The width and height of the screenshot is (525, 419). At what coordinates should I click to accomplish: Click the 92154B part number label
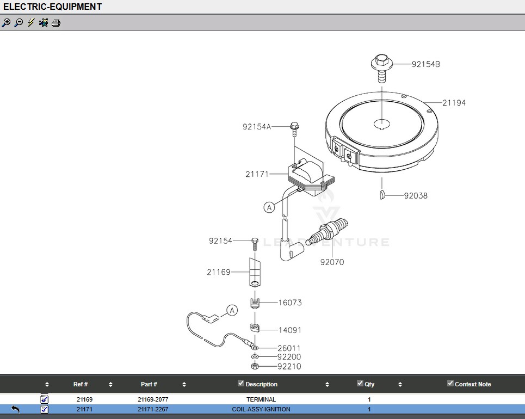[425, 64]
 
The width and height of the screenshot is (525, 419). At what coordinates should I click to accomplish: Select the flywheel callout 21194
[454, 103]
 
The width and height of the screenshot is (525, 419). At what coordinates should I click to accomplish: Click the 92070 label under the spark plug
[332, 262]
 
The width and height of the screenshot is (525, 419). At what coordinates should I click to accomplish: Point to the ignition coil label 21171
[257, 174]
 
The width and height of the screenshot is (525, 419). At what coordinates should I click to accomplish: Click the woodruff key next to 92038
[383, 195]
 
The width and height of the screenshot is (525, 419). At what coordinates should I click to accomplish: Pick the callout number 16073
[290, 303]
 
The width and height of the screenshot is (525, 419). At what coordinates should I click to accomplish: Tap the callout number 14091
[290, 330]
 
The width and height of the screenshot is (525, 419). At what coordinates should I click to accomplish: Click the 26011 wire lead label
[289, 348]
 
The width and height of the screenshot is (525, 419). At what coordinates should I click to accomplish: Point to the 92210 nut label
[289, 366]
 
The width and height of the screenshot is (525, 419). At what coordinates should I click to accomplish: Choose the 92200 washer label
[289, 357]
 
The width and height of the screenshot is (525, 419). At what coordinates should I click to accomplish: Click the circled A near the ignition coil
[269, 207]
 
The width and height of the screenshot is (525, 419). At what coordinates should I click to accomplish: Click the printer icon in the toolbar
[56, 23]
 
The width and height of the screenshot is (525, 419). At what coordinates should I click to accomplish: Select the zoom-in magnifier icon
[6, 23]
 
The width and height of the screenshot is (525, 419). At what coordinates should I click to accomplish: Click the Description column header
[261, 384]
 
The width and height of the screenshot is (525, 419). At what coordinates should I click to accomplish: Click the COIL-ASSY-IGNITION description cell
[261, 409]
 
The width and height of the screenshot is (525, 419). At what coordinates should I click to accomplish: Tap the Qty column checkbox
[360, 383]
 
